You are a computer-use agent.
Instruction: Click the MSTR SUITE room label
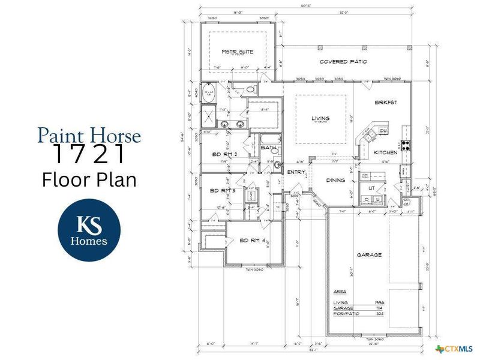click(x=237, y=52)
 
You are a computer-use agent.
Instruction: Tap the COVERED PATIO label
click(x=343, y=62)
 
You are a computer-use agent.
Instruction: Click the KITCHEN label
click(x=386, y=153)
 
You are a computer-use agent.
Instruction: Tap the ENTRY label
click(x=296, y=172)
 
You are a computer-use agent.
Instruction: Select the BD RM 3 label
click(x=221, y=191)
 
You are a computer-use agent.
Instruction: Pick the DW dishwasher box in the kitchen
click(x=384, y=131)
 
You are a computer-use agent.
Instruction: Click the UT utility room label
click(x=371, y=188)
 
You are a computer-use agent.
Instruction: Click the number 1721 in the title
click(x=89, y=155)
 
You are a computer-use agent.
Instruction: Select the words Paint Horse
click(x=89, y=135)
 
